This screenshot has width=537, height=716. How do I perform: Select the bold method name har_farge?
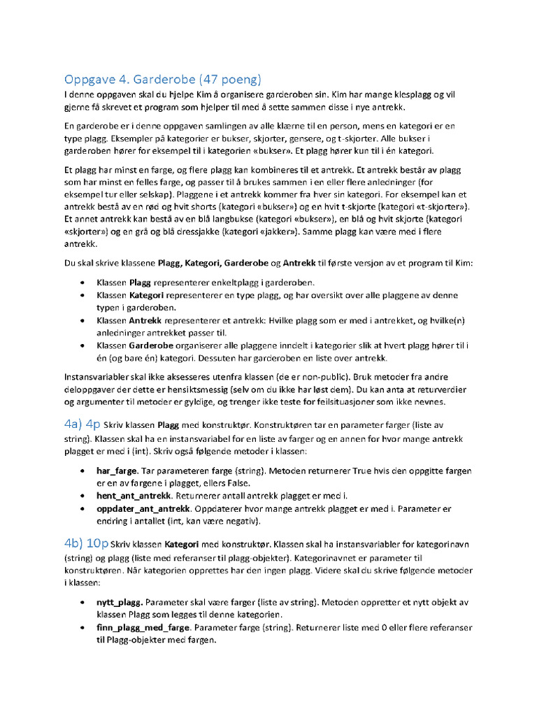point(117,471)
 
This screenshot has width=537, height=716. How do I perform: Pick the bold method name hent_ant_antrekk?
point(134,495)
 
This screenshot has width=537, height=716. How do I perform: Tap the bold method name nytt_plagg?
point(120,601)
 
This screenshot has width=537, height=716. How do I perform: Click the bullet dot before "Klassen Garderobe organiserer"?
point(82,345)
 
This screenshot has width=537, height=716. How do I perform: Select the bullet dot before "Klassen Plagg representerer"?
point(82,282)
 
